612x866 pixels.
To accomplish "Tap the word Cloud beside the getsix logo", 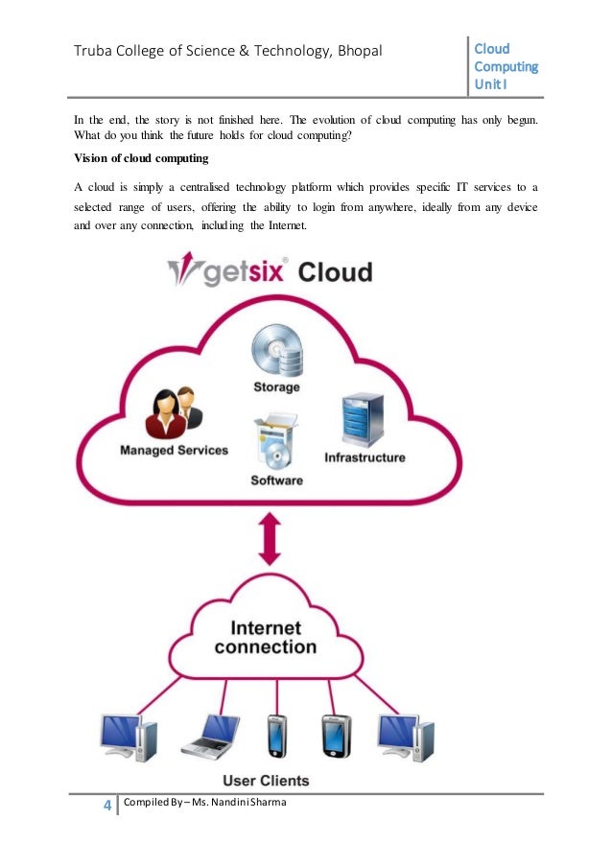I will coord(334,272).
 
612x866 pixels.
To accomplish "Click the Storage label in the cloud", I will coord(276,387).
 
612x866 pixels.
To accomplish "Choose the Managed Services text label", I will coord(174,450).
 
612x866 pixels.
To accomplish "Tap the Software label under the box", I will coord(276,480).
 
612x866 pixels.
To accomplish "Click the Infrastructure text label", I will coord(365,457).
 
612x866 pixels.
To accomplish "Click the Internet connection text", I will coord(265,637).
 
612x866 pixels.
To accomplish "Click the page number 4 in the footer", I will coord(106,804).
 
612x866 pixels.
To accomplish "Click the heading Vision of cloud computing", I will coord(140,157).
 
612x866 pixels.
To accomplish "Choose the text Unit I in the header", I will coord(492,84).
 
